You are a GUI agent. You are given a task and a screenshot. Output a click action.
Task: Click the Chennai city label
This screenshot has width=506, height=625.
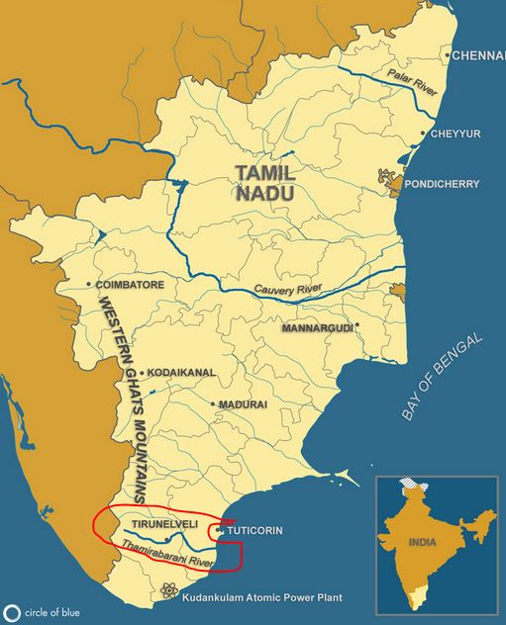[x=478, y=55]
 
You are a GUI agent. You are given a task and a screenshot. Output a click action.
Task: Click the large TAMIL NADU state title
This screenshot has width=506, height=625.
[x=264, y=183]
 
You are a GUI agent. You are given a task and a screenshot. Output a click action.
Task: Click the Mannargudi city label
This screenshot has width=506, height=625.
[x=317, y=326]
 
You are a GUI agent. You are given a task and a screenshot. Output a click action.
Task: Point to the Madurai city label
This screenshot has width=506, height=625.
[x=245, y=404]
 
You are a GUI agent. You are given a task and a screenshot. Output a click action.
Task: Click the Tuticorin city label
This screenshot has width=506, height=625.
[x=254, y=531]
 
